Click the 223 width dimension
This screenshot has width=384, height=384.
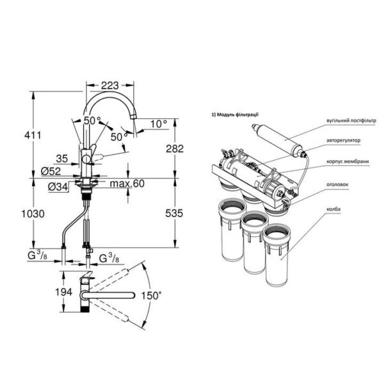click(110, 86)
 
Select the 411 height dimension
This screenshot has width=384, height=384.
click(33, 135)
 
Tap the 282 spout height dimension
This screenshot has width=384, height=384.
click(175, 148)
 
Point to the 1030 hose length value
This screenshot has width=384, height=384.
click(33, 214)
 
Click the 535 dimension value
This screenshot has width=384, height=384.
click(174, 213)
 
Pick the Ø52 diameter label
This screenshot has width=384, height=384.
click(51, 171)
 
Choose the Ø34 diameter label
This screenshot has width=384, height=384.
click(58, 188)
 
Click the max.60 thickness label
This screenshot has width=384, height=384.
click(127, 184)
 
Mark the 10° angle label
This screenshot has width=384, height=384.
click(159, 124)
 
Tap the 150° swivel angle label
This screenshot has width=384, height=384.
click(151, 296)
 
